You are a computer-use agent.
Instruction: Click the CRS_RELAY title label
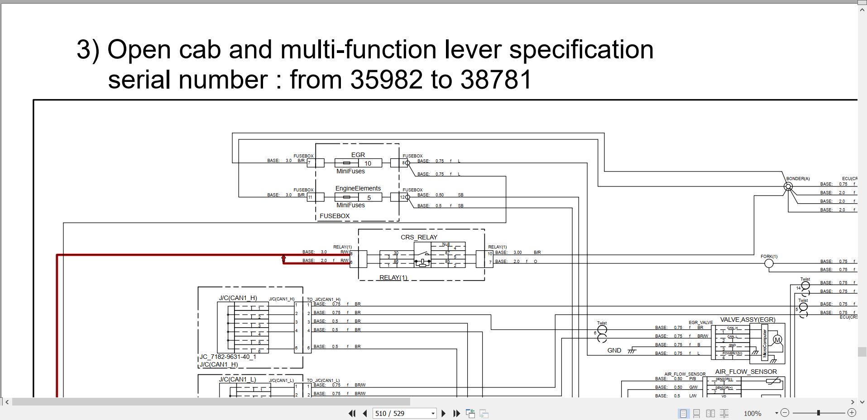click(419, 237)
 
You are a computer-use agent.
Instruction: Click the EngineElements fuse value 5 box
click(369, 197)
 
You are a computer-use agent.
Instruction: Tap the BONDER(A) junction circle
click(788, 186)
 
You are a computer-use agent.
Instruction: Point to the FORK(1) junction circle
click(769, 263)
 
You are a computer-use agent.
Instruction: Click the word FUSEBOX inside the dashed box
click(335, 216)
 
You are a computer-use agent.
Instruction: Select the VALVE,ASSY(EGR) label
click(747, 320)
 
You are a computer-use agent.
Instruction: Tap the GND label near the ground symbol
click(614, 350)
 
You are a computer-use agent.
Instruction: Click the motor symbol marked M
click(777, 340)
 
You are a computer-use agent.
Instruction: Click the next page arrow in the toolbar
click(444, 413)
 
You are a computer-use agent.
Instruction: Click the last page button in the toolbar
click(456, 413)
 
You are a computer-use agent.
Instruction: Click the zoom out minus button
click(785, 413)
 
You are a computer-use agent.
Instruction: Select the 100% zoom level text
click(752, 413)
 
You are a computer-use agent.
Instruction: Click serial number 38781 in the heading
click(496, 80)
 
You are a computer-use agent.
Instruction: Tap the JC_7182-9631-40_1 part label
click(228, 357)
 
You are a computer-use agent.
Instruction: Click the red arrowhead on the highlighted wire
click(284, 258)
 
